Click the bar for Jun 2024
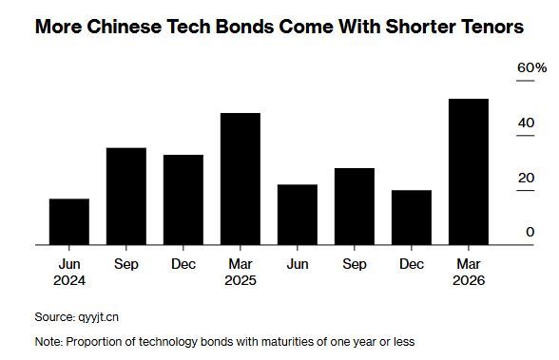tap(69, 221)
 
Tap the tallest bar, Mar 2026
tap(468, 172)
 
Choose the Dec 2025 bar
tap(411, 218)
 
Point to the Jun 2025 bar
tap(297, 215)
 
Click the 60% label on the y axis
tap(531, 68)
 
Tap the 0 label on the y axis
tap(530, 232)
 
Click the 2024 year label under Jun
tap(69, 280)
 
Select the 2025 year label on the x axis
tap(241, 280)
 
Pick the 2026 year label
tap(468, 280)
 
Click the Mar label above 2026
tap(468, 263)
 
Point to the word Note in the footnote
tap(47, 340)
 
